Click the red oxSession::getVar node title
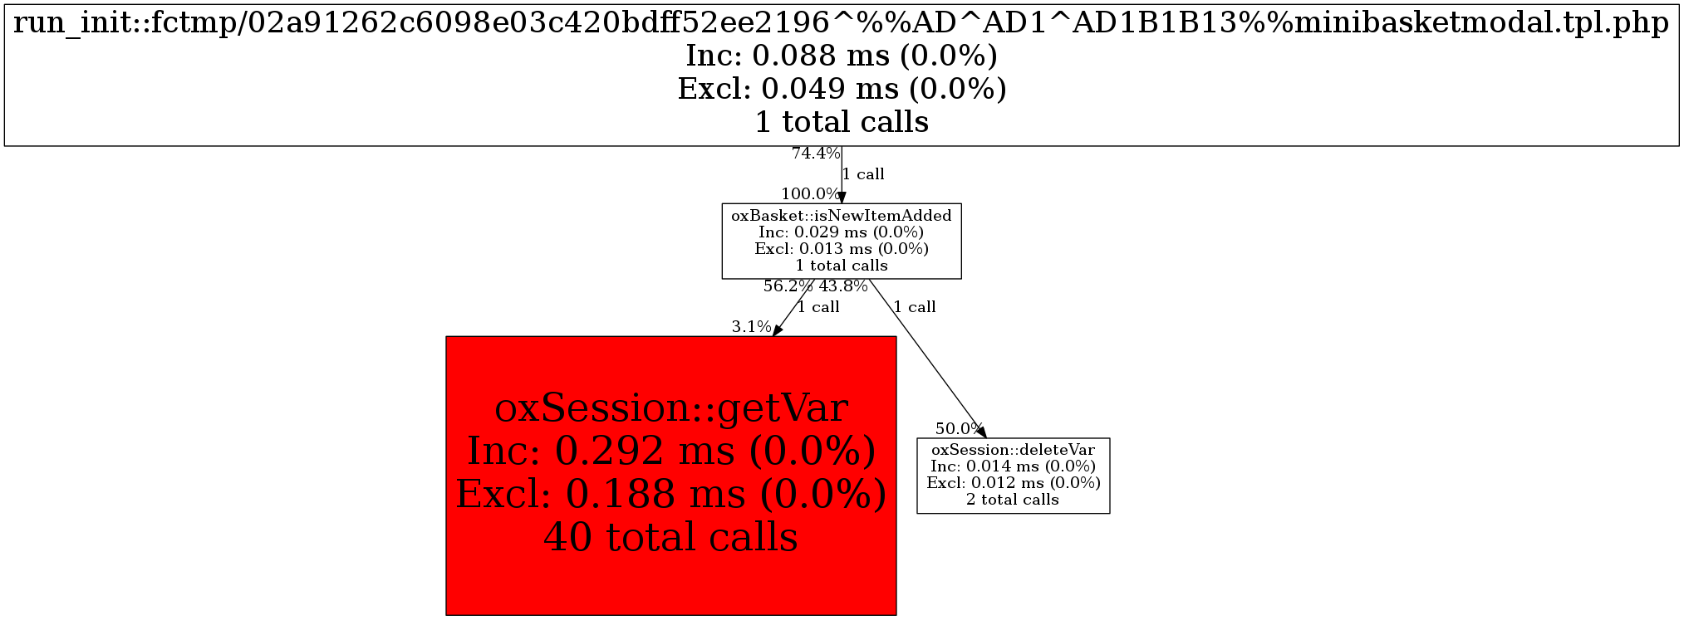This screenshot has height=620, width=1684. pos(671,408)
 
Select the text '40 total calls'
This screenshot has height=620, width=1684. pos(671,537)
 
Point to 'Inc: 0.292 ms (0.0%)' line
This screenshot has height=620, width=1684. pos(671,452)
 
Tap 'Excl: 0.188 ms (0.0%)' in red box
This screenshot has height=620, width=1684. pos(671,495)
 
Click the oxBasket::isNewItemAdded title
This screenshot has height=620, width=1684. pos(842,216)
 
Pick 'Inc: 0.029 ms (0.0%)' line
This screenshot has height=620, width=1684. pos(842,232)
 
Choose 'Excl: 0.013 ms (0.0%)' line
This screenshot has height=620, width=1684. pos(842,249)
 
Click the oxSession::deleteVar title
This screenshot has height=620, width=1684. pos(1014,450)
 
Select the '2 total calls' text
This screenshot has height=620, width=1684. pos(1014,500)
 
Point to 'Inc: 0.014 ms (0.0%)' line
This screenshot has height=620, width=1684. pos(1014,466)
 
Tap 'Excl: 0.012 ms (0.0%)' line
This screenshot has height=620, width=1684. pos(1014,483)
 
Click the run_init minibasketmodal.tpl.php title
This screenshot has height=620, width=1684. pos(842,23)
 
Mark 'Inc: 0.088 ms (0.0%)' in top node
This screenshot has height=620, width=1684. pos(842,56)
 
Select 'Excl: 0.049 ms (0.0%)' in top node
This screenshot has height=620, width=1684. pos(842,89)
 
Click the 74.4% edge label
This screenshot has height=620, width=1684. pos(816,154)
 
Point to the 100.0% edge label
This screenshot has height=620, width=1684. pos(810,194)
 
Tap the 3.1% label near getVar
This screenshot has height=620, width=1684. pos(751,327)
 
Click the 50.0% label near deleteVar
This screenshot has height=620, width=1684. pos(960,429)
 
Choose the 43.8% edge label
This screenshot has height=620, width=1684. pos(843,286)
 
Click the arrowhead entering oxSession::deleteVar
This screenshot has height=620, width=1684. pos(982,432)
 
